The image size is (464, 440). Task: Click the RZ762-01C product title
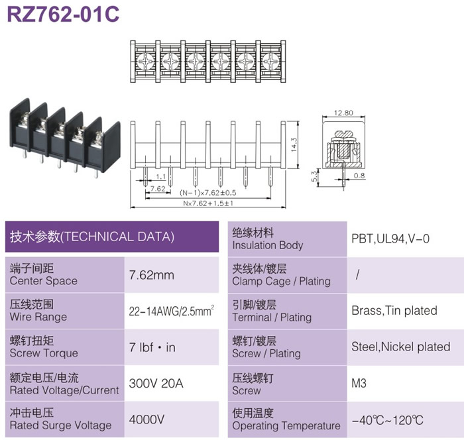(63, 14)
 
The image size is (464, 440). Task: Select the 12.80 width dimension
(343, 113)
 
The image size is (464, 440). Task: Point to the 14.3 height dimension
(294, 144)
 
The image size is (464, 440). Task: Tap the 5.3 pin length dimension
(314, 177)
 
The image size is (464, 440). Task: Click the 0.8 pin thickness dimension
(359, 176)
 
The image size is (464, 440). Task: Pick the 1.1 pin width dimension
(160, 177)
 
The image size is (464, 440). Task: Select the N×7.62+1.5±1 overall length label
(208, 203)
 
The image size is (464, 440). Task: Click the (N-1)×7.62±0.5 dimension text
(208, 193)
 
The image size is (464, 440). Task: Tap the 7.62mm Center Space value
(152, 275)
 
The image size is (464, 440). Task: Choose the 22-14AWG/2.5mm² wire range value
(171, 311)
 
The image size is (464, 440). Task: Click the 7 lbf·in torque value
(152, 347)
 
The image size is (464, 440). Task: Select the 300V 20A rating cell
(156, 384)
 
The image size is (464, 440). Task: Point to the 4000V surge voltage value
(146, 419)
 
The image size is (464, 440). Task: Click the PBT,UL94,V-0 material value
(390, 239)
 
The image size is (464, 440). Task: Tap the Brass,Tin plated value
(394, 310)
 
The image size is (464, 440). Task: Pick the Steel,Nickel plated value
(400, 347)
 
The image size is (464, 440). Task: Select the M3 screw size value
(359, 383)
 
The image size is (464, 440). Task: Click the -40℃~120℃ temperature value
(387, 420)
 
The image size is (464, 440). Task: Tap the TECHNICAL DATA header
(92, 237)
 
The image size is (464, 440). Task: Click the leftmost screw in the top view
(145, 62)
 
